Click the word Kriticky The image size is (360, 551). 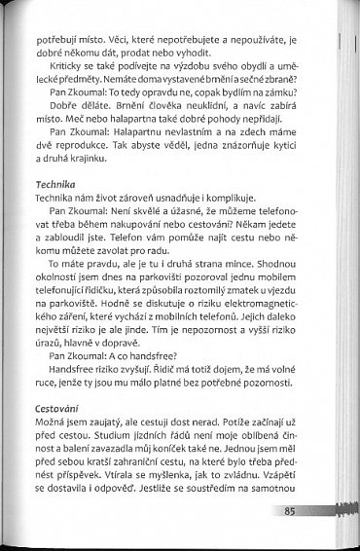[x=69, y=62]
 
